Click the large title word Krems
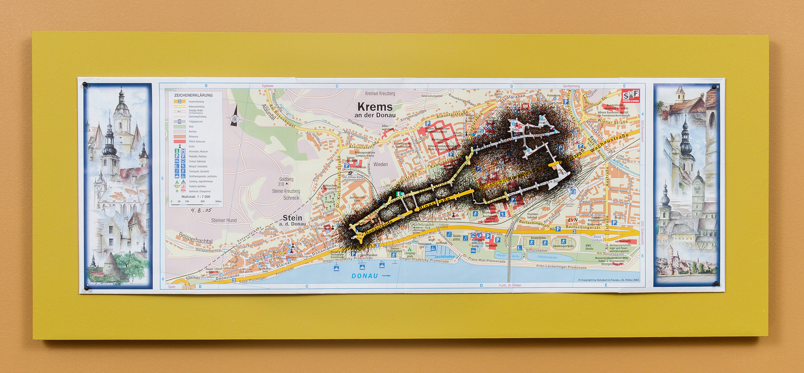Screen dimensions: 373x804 coord(375,107)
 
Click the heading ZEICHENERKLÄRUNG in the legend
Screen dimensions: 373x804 coord(193,95)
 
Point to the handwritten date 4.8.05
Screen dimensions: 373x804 coord(201,210)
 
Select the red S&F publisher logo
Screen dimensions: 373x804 coord(630,96)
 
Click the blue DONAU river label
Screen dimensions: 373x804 coord(365,276)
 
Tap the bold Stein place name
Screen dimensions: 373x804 coord(292,218)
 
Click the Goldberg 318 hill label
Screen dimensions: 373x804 coord(286,181)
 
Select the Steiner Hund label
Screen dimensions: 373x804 coord(224,220)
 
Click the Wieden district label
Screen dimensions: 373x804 coord(380,164)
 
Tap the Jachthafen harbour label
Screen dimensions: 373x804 coord(444,256)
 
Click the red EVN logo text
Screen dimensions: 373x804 coord(572,220)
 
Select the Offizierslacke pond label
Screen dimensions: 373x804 coord(547,257)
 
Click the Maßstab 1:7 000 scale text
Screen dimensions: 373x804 coord(196,197)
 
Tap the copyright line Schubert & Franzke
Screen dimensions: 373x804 coord(608,280)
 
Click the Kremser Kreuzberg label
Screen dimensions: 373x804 coord(380,93)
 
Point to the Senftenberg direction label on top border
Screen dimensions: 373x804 coord(571,86)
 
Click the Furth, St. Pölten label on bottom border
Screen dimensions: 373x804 coord(510,285)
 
